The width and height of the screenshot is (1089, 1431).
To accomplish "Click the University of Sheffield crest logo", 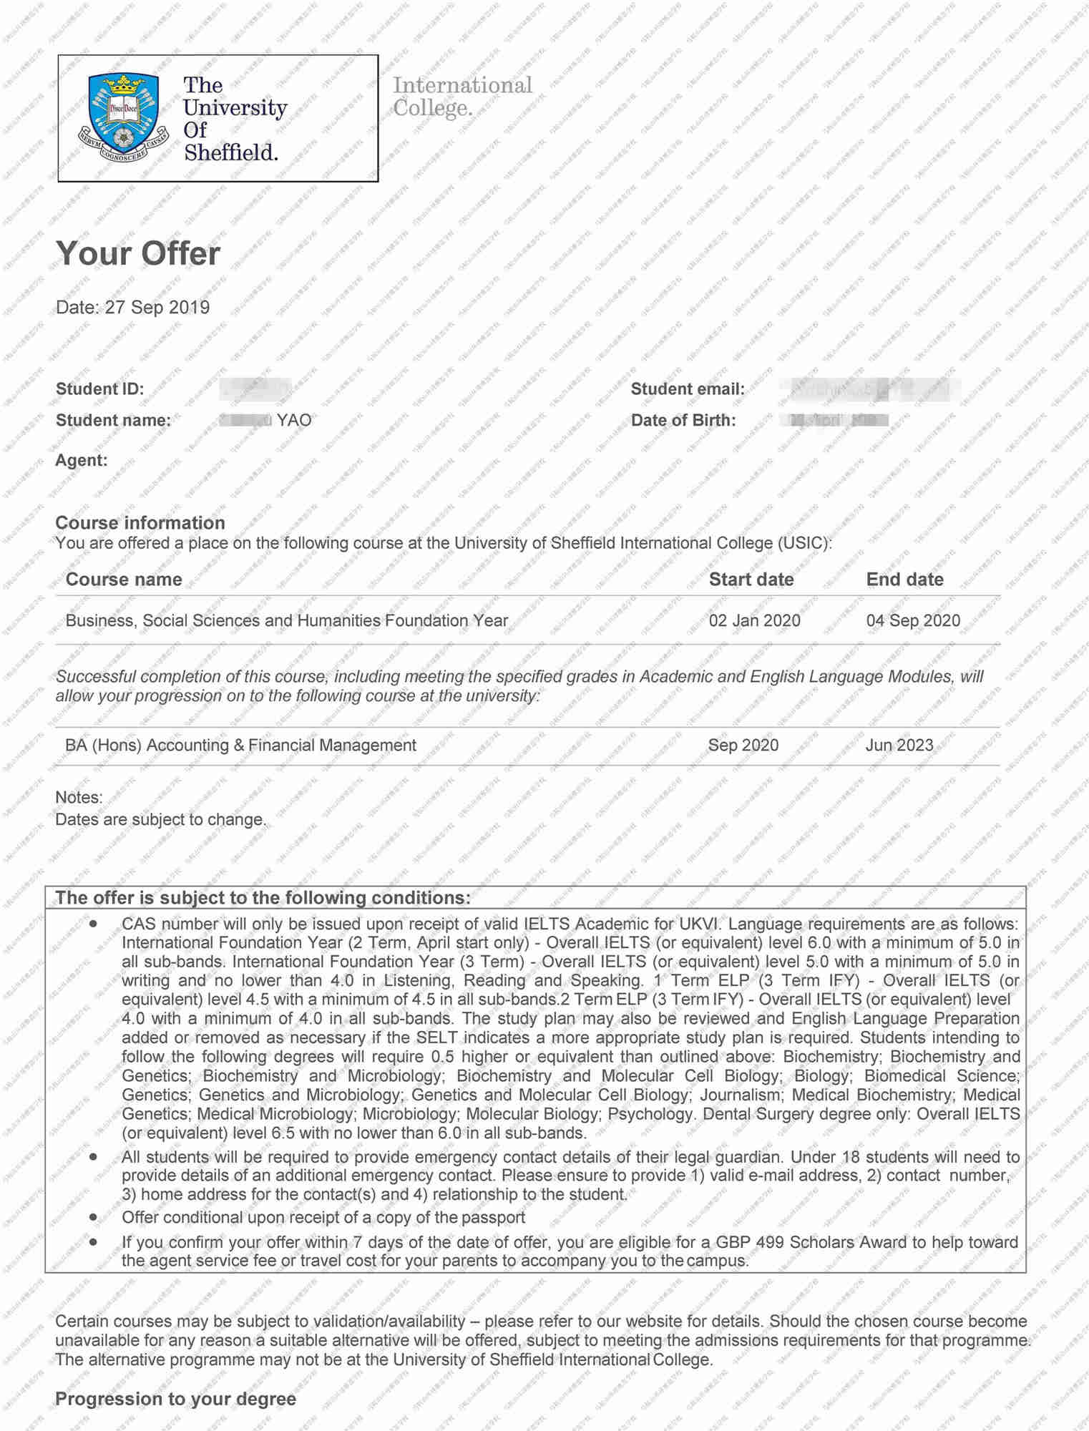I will coord(125,117).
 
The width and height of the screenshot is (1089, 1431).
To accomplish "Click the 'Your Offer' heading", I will coord(138,253).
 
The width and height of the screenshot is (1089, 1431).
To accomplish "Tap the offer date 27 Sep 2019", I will coord(157,308).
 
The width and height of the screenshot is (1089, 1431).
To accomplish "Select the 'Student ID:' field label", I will coord(99,389).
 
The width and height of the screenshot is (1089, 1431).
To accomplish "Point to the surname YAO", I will coord(294,420).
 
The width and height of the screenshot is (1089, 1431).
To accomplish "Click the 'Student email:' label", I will coord(687,389).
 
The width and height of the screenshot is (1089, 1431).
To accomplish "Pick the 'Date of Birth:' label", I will coord(683,420).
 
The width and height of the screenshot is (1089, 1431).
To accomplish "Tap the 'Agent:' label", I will coord(81,460).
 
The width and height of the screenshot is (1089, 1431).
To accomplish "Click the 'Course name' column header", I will coord(124,580).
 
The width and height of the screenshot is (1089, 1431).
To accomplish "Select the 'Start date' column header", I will coord(751,580).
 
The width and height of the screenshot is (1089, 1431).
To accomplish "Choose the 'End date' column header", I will coord(904,580).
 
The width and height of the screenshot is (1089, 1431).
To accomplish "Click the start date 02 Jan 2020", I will coord(754,620).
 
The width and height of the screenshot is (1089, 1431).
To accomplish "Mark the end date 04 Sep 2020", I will coord(913,620).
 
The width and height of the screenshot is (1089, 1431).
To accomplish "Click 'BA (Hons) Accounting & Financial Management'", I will coord(240,745).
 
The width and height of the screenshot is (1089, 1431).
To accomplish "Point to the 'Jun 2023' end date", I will coord(899,745).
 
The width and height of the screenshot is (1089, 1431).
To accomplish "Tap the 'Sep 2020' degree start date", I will coord(743,745).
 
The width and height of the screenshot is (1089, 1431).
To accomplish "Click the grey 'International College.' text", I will coord(462,97).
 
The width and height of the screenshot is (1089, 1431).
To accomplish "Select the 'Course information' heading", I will coord(140,523).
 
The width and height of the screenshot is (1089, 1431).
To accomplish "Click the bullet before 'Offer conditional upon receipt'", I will coord(93,1217).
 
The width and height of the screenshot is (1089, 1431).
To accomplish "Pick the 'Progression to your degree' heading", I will coord(175,1400).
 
